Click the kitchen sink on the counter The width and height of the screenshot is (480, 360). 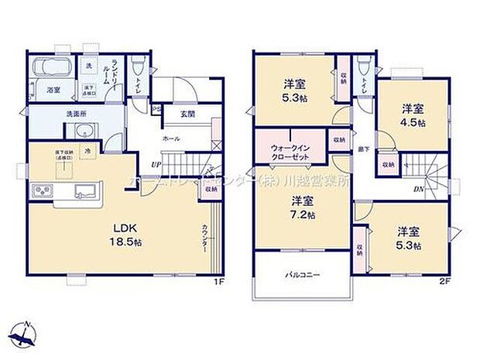tap(80, 190)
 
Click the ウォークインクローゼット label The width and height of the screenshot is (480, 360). tap(290, 150)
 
